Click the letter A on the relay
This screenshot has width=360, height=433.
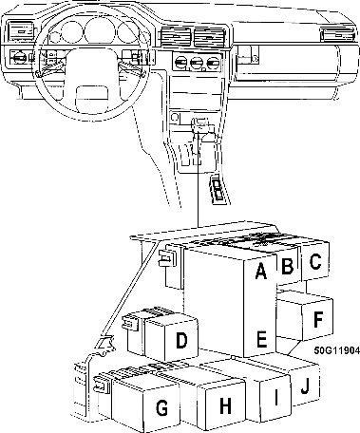click(x=260, y=272)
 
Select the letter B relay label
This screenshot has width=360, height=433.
click(x=287, y=266)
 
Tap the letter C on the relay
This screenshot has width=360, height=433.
click(x=315, y=261)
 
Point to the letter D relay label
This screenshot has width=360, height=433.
click(x=181, y=341)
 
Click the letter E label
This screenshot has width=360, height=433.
click(x=261, y=339)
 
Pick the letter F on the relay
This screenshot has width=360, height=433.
click(x=317, y=319)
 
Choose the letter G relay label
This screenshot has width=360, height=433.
click(x=161, y=407)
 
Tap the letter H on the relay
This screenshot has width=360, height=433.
click(x=225, y=405)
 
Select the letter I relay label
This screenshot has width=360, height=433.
click(x=276, y=398)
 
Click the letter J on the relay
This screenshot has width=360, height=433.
click(x=305, y=386)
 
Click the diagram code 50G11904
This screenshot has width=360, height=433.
click(x=337, y=350)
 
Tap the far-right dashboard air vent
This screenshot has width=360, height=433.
click(x=336, y=34)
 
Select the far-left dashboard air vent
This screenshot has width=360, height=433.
click(x=21, y=31)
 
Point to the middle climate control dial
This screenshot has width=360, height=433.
click(x=197, y=62)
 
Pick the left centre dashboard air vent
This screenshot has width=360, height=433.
click(x=176, y=37)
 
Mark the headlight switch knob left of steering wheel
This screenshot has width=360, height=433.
click(x=20, y=57)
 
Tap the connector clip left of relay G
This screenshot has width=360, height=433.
click(x=102, y=385)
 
